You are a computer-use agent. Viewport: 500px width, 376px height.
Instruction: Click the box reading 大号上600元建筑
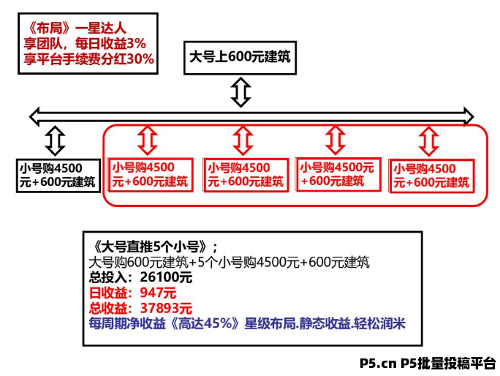click(240, 57)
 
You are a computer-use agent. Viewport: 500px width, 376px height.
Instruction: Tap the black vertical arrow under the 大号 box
click(240, 92)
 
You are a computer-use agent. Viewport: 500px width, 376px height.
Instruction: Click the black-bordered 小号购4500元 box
click(57, 175)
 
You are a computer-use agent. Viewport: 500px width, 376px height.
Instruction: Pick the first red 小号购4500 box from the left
click(150, 175)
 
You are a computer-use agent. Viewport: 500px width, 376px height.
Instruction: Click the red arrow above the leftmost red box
click(148, 138)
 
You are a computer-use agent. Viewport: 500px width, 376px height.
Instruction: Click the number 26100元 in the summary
click(162, 278)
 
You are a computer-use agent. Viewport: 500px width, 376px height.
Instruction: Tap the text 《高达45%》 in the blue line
click(206, 323)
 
